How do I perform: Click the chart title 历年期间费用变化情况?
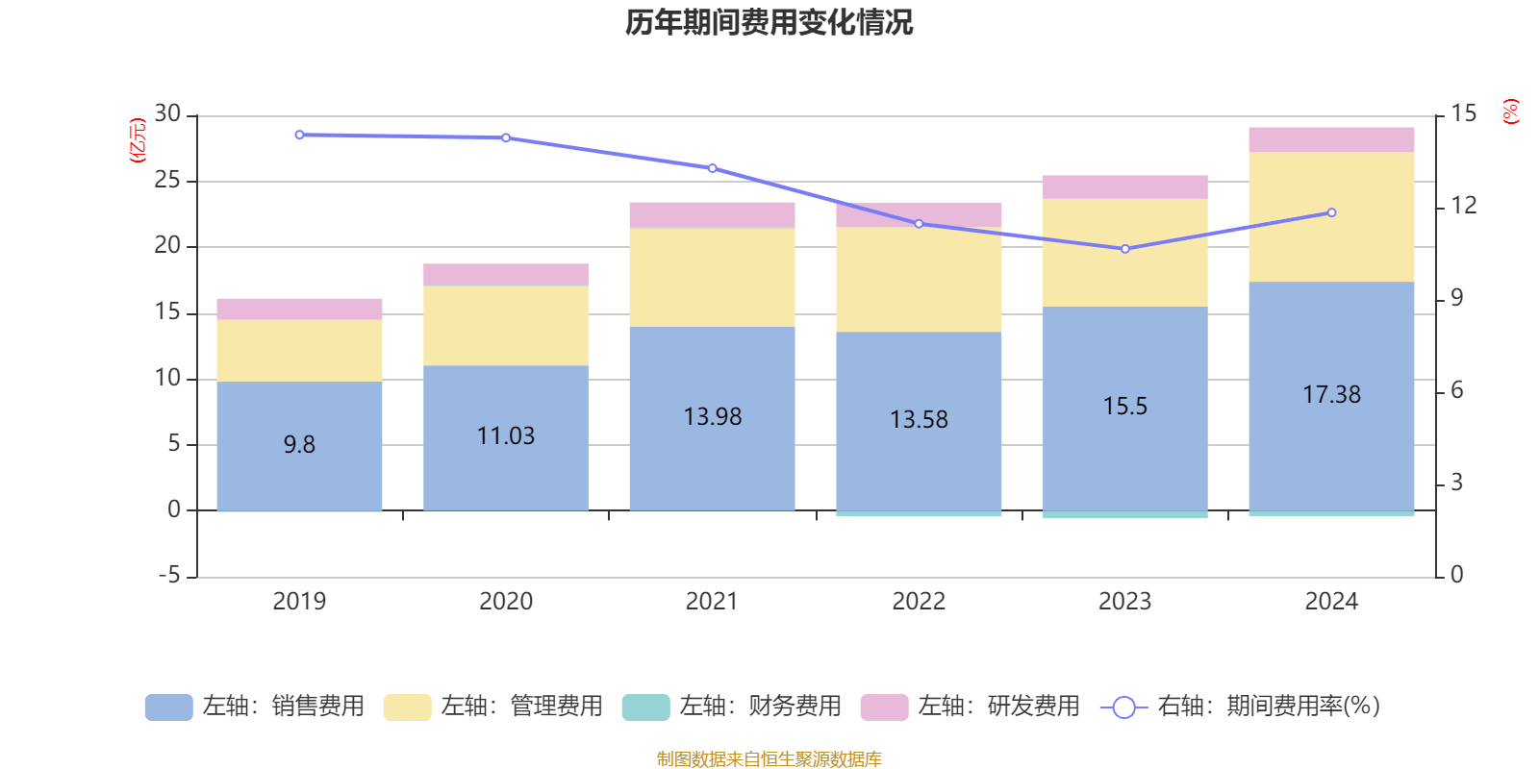769,22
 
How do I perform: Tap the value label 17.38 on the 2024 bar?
1331,395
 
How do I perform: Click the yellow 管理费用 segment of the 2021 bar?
712,278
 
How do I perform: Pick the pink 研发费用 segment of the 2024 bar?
1331,139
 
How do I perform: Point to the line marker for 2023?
1125,249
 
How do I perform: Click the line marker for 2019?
299,136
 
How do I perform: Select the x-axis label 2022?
919,602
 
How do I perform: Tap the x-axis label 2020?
506,602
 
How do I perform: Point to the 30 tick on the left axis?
167,114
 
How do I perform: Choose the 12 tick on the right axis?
1464,206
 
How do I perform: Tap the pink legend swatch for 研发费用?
884,707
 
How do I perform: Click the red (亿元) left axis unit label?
138,140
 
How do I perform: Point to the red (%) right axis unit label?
1510,112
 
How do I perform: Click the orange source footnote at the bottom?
769,759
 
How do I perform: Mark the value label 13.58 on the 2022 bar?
919,420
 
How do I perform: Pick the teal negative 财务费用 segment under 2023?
1125,515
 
